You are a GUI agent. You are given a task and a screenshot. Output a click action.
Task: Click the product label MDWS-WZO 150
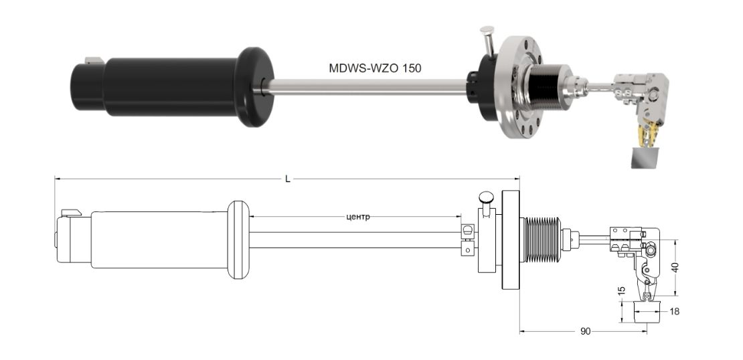coord(375,68)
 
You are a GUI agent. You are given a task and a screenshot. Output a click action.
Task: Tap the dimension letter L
coord(287,179)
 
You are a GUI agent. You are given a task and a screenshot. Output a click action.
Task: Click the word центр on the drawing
coord(355,217)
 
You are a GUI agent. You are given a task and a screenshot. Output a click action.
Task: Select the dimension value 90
coord(585,332)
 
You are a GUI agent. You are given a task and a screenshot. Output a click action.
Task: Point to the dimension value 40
coord(676,268)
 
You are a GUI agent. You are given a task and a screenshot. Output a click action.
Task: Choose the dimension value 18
coord(674,311)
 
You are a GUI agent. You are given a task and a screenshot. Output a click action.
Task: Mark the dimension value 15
coord(622,290)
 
